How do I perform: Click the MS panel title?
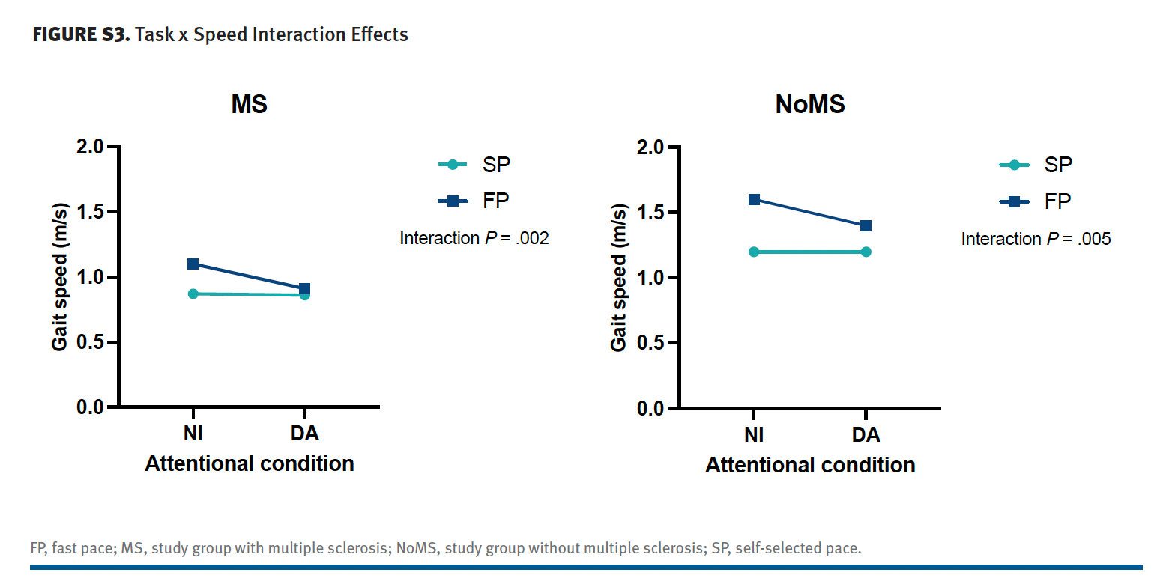coord(249,104)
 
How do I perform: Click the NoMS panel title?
coord(810,104)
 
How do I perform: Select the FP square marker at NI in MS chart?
coord(193,264)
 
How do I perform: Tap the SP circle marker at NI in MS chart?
coord(193,293)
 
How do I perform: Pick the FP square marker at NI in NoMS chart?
coord(754,199)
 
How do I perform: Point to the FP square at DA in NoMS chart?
coord(866,225)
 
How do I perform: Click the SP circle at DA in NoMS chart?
coord(866,252)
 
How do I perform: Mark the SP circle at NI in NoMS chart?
coord(754,252)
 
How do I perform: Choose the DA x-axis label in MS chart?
coord(304,434)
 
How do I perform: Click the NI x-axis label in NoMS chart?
coord(754,434)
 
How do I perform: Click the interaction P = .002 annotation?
coord(474,238)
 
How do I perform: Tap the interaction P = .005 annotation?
coord(1036,239)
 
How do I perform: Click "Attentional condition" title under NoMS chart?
coord(810,465)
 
